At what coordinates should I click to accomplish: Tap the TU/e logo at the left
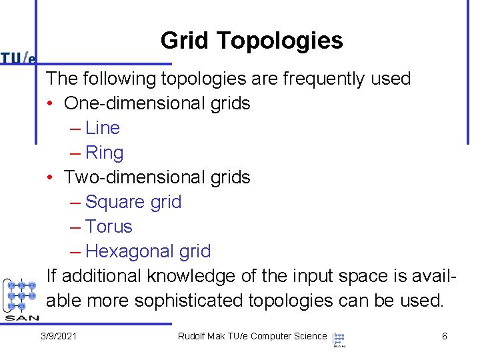coord(18,58)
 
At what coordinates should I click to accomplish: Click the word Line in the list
coord(103,128)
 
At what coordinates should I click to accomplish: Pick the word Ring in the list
coord(105,153)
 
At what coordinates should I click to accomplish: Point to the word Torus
coord(109,227)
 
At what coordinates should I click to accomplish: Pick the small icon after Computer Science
coord(339,339)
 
